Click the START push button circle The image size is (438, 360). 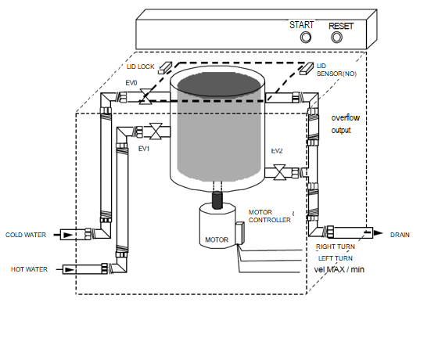point(307,37)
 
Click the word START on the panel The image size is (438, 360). point(302,24)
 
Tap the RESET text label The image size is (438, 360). point(341,25)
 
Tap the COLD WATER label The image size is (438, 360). point(27,234)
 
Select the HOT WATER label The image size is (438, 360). point(29,269)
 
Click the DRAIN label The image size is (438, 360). point(400,234)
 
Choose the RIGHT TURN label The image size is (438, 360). point(336,247)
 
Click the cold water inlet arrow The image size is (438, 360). point(69,234)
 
